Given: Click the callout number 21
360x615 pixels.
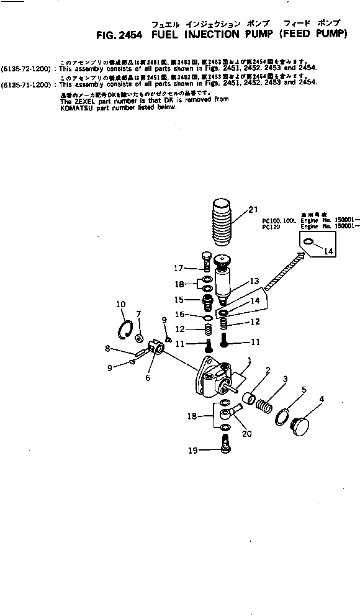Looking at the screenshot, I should click(x=253, y=210).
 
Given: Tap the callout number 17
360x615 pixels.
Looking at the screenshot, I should click(x=178, y=269).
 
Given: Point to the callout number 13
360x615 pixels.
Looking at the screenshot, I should click(x=254, y=281).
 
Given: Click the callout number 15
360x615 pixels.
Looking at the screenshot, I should click(x=178, y=299).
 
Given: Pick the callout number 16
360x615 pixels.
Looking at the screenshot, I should click(x=179, y=315).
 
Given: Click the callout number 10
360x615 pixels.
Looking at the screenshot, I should click(x=120, y=304).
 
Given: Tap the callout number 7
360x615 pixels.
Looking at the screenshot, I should click(x=138, y=314).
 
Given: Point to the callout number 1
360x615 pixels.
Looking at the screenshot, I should click(x=249, y=360).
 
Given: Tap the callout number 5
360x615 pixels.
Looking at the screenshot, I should click(x=304, y=390).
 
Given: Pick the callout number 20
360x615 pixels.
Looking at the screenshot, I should click(x=246, y=434).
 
